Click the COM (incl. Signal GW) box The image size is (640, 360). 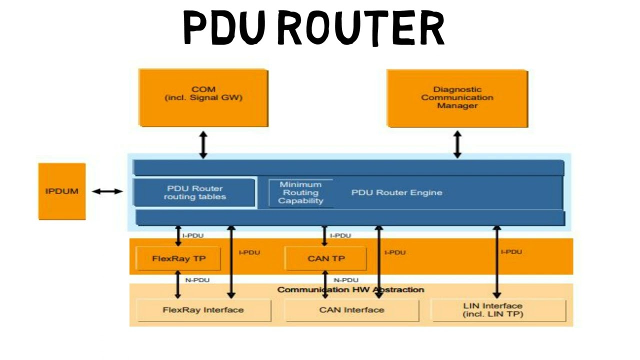(x=203, y=97)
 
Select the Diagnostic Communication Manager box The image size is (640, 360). (x=457, y=98)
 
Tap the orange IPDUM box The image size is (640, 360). (x=62, y=191)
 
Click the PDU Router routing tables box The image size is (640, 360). (x=195, y=192)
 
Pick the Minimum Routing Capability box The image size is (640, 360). (x=300, y=192)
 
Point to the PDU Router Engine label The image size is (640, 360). (x=396, y=192)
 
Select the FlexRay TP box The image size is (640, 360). (x=178, y=258)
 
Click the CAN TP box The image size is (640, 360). (x=325, y=258)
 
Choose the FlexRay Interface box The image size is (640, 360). (x=203, y=310)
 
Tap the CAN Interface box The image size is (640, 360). (x=351, y=310)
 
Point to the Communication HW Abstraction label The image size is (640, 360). (x=350, y=289)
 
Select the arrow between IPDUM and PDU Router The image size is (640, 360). (x=107, y=191)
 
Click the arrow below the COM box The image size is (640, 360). (x=203, y=144)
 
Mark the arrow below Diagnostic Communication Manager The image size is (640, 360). (x=457, y=144)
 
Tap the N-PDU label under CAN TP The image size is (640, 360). (x=346, y=280)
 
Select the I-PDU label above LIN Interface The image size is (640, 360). (x=511, y=252)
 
